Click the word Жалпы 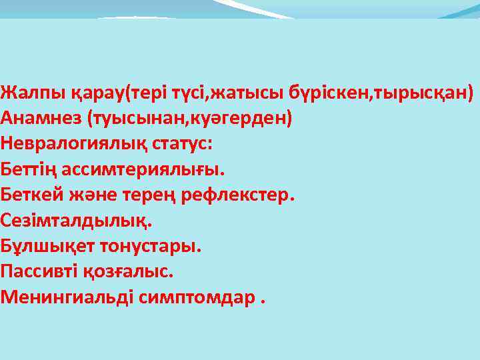point(22,93)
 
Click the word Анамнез point(41,118)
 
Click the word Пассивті point(40,271)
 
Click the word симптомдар point(197,297)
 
